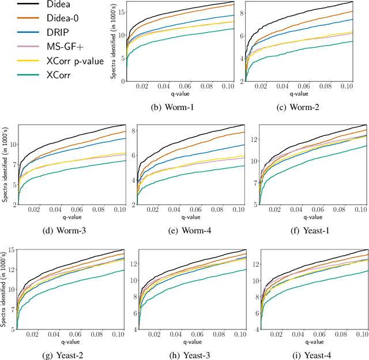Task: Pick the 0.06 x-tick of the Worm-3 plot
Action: click(71, 211)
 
